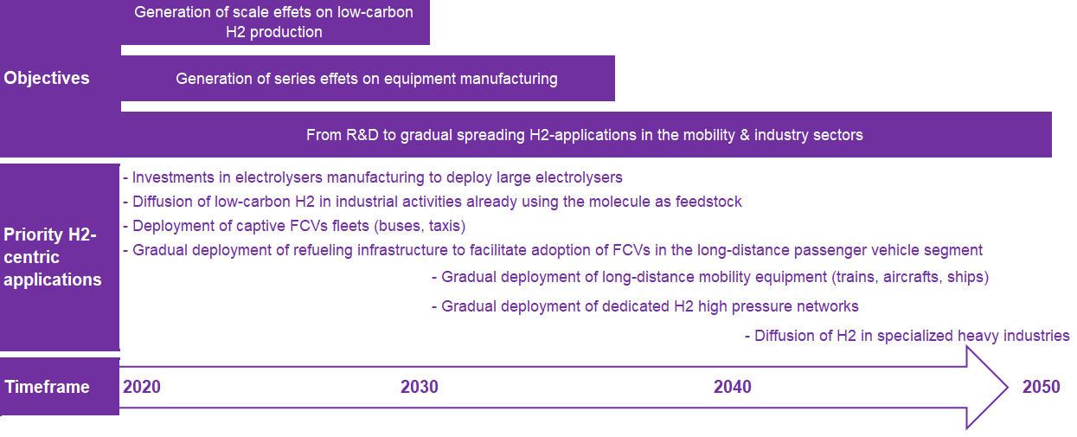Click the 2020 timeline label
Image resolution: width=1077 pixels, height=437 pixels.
click(x=142, y=387)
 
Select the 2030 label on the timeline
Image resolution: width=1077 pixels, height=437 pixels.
click(x=420, y=387)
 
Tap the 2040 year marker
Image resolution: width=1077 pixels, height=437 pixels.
click(x=733, y=387)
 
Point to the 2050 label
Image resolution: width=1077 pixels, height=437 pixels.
click(x=1041, y=387)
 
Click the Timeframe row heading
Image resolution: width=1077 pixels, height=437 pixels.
click(x=48, y=387)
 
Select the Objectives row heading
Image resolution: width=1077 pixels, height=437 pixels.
click(x=47, y=78)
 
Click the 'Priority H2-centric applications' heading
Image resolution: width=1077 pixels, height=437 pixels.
click(x=53, y=257)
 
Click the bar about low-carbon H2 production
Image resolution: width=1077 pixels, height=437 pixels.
click(x=274, y=22)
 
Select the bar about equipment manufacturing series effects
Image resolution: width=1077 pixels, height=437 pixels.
click(x=367, y=79)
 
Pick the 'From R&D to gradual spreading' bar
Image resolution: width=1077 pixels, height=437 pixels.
click(x=585, y=135)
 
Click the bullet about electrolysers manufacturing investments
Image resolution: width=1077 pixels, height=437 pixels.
click(x=373, y=177)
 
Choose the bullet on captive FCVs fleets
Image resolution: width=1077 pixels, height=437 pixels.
click(x=294, y=226)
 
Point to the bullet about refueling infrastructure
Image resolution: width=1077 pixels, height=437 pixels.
click(x=553, y=250)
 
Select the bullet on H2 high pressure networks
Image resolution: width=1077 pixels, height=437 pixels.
click(x=644, y=305)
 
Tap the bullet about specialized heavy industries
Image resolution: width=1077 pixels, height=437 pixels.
click(x=907, y=336)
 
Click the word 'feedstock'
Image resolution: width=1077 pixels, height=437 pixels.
click(x=707, y=202)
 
